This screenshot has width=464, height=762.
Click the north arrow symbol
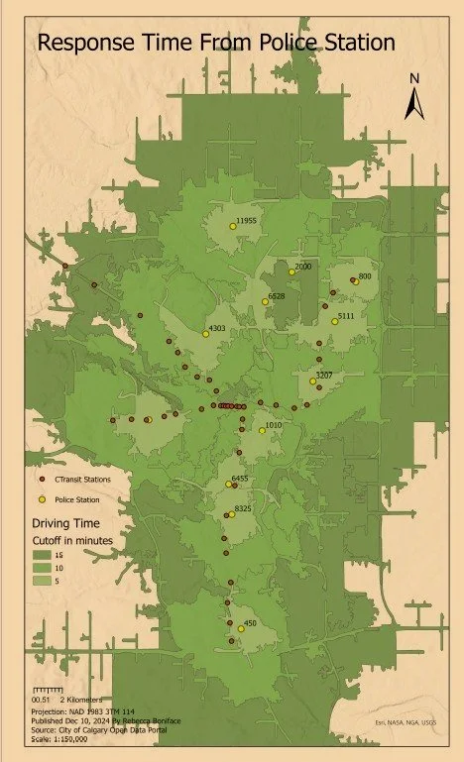coord(417,97)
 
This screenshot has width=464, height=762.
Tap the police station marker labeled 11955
coord(233,226)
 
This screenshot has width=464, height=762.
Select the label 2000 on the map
coord(303,267)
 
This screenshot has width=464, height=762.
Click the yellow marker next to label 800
coord(353,280)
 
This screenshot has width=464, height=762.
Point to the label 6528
coord(276,295)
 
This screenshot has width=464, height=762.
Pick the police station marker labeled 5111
coord(335,320)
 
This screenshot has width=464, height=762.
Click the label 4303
coord(217,328)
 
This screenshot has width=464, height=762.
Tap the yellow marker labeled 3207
coord(312,381)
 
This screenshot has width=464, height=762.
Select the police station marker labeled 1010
coord(262,430)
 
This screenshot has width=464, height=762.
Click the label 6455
coord(240,479)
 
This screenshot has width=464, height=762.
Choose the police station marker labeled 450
coord(241,628)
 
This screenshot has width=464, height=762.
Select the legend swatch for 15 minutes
coord(42,556)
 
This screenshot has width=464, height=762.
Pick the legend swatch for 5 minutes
coord(42,582)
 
